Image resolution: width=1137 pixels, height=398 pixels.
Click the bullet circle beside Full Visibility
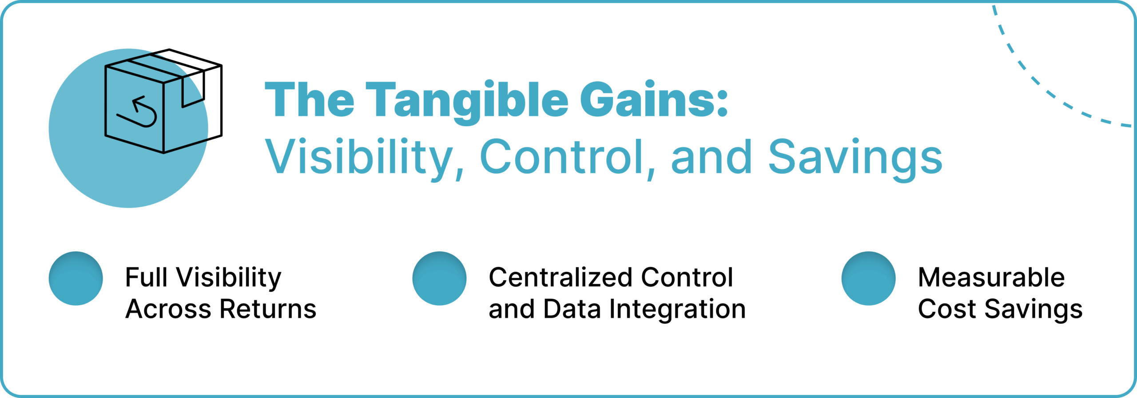tap(76, 279)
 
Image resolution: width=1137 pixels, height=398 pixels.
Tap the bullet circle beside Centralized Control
tap(439, 279)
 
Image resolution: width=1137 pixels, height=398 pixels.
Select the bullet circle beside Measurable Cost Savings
tap(868, 279)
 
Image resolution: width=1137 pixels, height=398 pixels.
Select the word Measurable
tap(991, 278)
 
